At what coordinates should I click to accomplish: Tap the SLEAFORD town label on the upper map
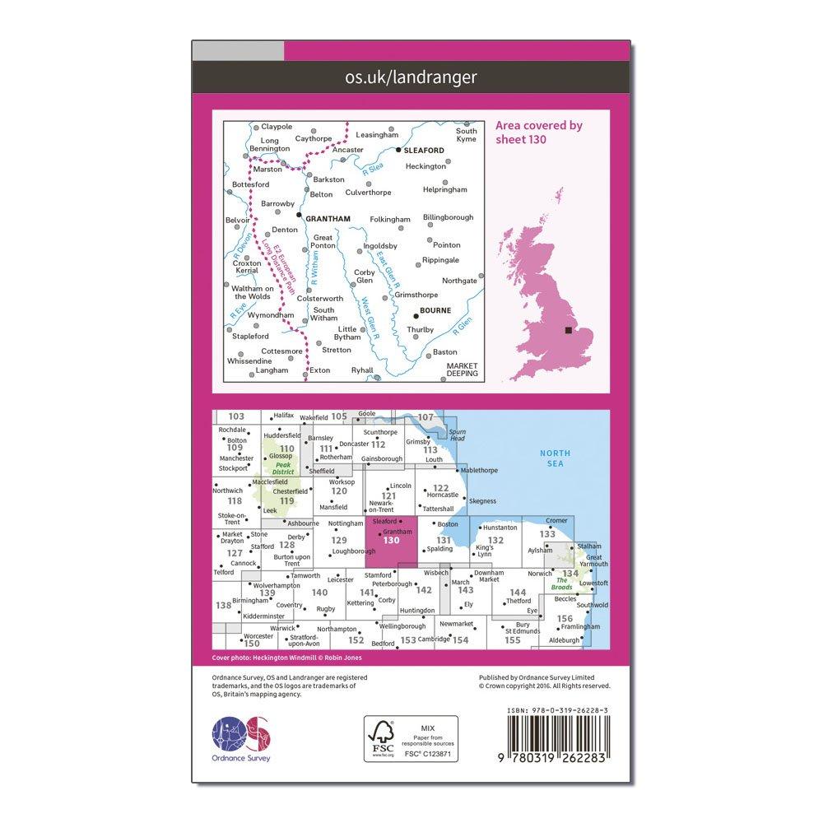[x=425, y=151]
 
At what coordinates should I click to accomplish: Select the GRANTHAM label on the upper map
[x=328, y=218]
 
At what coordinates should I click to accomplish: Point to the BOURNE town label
[x=435, y=310]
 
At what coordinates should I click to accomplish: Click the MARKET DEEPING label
[x=462, y=370]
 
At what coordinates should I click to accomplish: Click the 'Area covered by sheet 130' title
[x=538, y=132]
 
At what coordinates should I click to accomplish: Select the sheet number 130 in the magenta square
[x=392, y=540]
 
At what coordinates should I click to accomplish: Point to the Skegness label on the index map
[x=484, y=500]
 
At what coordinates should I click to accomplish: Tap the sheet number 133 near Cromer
[x=547, y=534]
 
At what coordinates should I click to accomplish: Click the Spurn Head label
[x=458, y=435]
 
